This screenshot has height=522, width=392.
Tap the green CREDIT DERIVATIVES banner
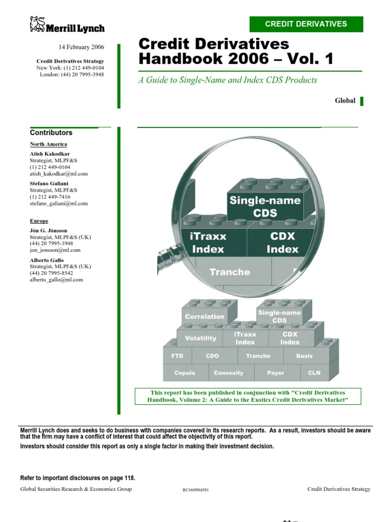306,24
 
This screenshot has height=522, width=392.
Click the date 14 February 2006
81,47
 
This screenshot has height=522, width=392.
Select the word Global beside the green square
345,100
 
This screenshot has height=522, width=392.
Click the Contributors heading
51,133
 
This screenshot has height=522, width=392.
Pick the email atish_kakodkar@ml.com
59,173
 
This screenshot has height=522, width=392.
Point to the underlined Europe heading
39,221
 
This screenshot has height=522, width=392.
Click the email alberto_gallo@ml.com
56,279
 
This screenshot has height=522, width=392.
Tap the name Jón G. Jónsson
48,231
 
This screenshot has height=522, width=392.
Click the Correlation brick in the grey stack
205,317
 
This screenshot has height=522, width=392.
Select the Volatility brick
200,338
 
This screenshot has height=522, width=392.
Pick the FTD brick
177,356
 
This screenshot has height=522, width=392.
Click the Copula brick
184,373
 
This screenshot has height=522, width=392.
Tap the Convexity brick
229,373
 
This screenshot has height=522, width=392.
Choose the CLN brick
314,373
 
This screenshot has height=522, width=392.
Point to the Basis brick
304,356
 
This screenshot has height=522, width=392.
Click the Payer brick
276,373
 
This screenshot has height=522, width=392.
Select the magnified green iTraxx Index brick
209,243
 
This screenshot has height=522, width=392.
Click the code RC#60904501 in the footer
195,490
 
